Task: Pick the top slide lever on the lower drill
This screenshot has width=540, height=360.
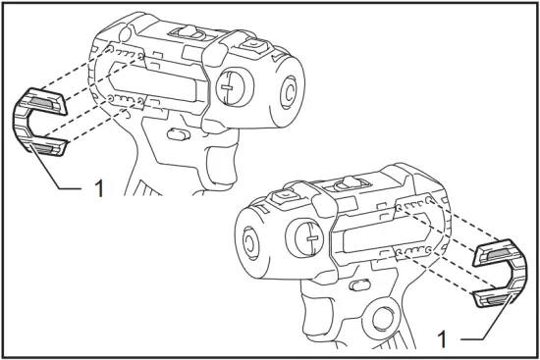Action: point(346,183)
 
